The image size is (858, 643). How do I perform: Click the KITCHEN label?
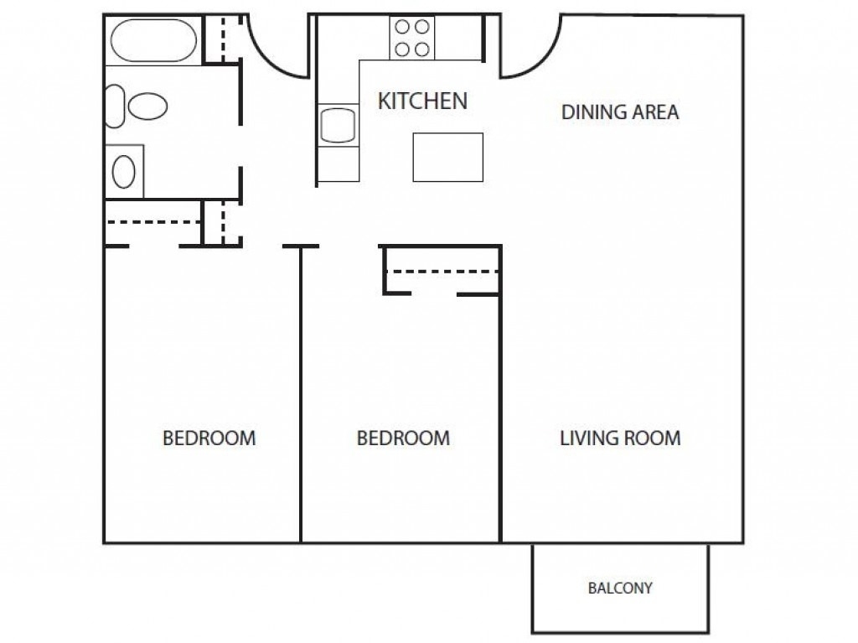(x=422, y=101)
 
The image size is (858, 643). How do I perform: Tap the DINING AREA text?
(x=620, y=112)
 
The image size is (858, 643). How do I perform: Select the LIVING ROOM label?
(x=620, y=438)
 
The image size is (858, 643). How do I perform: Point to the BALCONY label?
(x=620, y=589)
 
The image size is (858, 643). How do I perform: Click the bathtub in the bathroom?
(x=153, y=40)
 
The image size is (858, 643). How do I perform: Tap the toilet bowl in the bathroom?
(x=147, y=106)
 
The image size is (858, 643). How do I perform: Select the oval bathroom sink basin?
(x=124, y=171)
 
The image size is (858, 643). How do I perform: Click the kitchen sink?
(x=338, y=126)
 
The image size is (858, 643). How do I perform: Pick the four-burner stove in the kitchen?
(x=412, y=38)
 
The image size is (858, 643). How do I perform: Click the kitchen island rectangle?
(x=448, y=158)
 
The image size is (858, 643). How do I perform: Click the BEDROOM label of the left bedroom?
(x=209, y=438)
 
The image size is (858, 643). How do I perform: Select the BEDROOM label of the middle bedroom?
(x=403, y=438)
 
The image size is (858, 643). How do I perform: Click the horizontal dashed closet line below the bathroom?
(x=152, y=222)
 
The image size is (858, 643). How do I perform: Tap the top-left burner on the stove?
(x=402, y=26)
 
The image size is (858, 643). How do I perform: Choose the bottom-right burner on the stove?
(x=422, y=49)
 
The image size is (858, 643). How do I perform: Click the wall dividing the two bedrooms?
(x=301, y=394)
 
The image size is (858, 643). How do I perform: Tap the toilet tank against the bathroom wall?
(x=115, y=106)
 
